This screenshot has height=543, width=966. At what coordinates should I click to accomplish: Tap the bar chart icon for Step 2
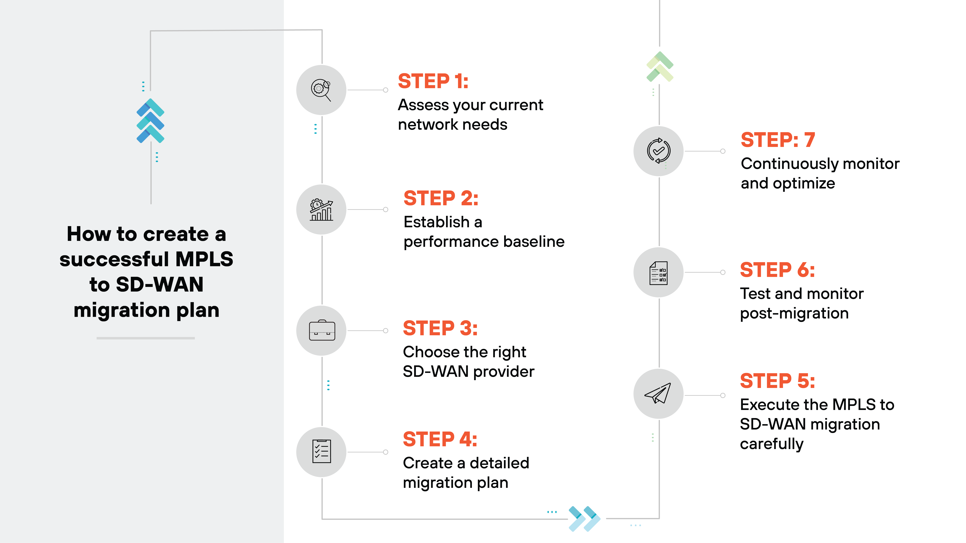(321, 210)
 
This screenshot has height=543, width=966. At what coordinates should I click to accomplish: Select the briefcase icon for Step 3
(322, 330)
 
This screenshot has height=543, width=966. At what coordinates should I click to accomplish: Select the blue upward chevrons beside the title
(150, 121)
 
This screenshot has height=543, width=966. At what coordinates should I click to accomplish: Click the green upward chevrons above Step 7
(660, 67)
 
